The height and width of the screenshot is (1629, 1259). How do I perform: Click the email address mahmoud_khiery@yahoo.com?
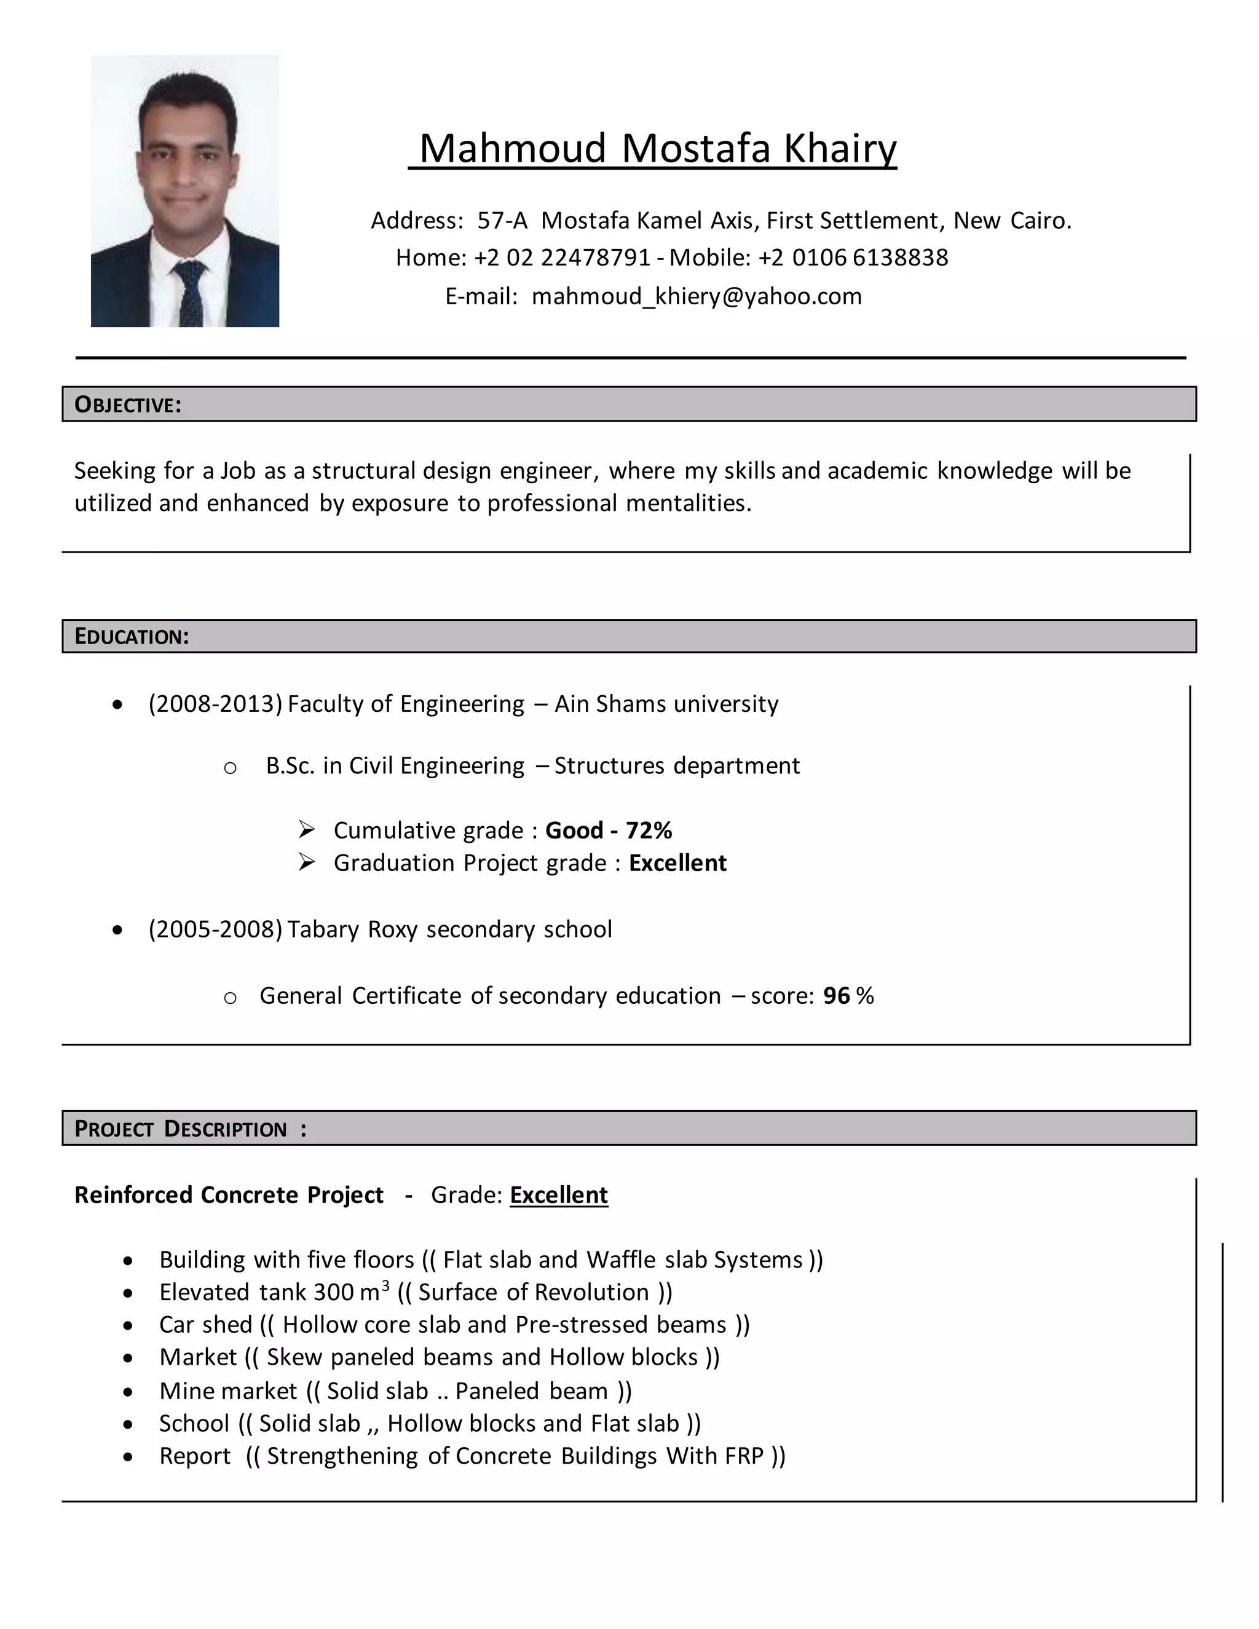(x=696, y=297)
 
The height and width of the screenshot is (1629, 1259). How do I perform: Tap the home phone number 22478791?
(x=595, y=258)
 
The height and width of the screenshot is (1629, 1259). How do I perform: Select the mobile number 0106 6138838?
(x=870, y=258)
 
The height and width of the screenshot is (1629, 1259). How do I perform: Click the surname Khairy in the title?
(x=839, y=148)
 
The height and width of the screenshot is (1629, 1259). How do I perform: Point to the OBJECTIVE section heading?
(x=127, y=405)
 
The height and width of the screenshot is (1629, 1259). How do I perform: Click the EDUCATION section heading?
(x=132, y=637)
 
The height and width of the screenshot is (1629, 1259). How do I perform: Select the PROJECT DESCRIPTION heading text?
(x=181, y=1129)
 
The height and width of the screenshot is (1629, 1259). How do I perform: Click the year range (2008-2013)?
(x=215, y=704)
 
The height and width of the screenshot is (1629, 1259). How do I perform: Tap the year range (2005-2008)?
(x=215, y=929)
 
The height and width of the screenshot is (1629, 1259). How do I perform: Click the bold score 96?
(x=836, y=996)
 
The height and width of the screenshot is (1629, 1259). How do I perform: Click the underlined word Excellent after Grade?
(x=559, y=1195)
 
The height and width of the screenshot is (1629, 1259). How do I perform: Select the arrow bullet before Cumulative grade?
(x=307, y=829)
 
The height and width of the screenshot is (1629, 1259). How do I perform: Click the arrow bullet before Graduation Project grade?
(x=307, y=862)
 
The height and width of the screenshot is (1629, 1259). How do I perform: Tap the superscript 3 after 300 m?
(x=385, y=1285)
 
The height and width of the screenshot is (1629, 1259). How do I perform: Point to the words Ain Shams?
(x=609, y=704)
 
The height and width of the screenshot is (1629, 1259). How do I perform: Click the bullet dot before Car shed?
(x=128, y=1326)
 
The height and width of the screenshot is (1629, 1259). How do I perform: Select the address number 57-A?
(x=502, y=221)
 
